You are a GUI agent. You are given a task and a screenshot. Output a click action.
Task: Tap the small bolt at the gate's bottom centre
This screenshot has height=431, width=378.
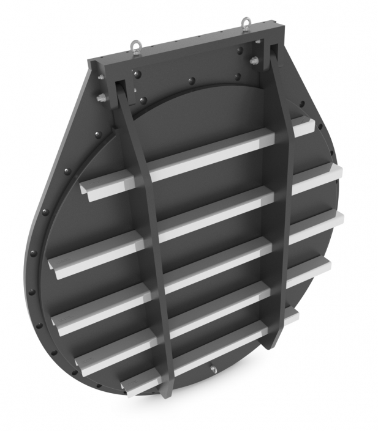click(213, 369)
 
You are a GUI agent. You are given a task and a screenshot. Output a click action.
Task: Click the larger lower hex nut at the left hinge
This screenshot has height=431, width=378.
click(100, 98)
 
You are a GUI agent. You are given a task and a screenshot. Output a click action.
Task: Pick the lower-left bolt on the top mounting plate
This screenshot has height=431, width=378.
click(144, 100)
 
